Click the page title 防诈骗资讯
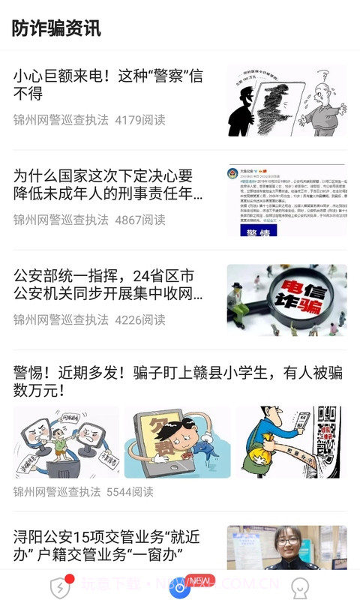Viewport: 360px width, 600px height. [x=56, y=28]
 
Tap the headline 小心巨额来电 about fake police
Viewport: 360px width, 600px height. [x=108, y=84]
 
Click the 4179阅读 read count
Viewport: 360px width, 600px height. [x=140, y=120]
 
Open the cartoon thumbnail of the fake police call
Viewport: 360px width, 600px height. [x=286, y=100]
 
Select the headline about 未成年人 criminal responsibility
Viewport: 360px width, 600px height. [x=108, y=185]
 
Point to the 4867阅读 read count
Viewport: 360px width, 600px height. [x=140, y=220]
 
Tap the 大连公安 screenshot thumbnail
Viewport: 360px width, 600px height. [x=286, y=201]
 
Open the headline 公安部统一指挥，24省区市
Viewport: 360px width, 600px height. [x=108, y=285]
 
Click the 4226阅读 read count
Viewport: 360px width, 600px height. [x=140, y=319]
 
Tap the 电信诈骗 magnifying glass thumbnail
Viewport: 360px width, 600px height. [x=286, y=300]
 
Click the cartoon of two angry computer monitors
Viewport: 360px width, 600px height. [x=66, y=442]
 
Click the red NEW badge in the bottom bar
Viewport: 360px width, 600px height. [x=199, y=580]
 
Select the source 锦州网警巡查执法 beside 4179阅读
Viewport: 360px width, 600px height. [x=61, y=120]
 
